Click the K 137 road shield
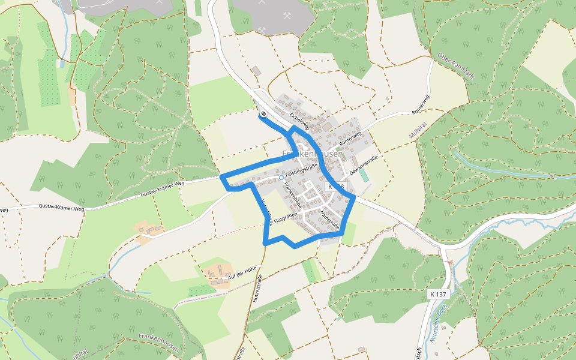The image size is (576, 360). click(439, 294)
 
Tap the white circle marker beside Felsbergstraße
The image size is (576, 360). click(281, 178)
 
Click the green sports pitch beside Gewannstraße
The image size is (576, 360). click(364, 176)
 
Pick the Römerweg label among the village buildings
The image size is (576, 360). click(350, 139)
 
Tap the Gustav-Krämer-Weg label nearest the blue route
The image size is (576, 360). click(162, 191)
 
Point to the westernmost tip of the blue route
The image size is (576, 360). click(221, 178)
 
